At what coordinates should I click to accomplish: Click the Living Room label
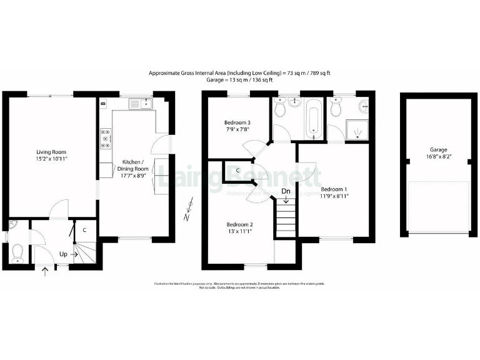pyautogui.click(x=51, y=152)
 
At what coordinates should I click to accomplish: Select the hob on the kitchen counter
pyautogui.click(x=106, y=139)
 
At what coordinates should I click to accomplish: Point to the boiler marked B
pyautogui.click(x=103, y=102)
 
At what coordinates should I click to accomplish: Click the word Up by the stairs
pyautogui.click(x=64, y=254)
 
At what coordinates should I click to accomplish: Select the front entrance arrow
pyautogui.click(x=45, y=271)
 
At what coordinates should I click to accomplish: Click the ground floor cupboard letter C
pyautogui.click(x=84, y=230)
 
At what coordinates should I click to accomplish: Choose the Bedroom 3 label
pyautogui.click(x=237, y=122)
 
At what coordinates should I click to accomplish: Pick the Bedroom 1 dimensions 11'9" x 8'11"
pyautogui.click(x=334, y=196)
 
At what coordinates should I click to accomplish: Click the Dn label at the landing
pyautogui.click(x=286, y=191)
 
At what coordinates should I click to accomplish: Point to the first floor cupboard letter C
pyautogui.click(x=238, y=170)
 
